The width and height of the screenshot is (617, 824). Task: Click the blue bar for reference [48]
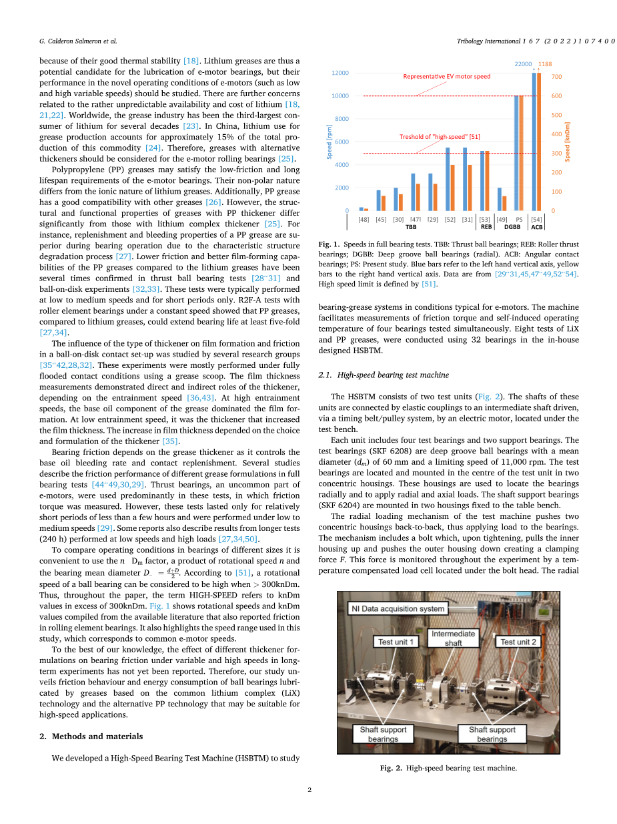[x=362, y=209]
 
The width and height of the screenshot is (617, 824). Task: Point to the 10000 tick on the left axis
[x=340, y=96]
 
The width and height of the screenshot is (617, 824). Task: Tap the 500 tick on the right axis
[x=556, y=115]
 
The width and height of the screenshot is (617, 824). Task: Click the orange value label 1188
[x=546, y=64]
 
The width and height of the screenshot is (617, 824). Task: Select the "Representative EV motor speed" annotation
[x=446, y=76]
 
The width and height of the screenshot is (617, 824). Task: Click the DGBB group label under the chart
[x=512, y=227]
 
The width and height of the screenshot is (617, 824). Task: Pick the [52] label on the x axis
[x=450, y=220]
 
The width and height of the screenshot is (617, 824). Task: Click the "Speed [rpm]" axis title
[x=329, y=144]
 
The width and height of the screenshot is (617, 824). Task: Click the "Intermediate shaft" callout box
[x=453, y=638]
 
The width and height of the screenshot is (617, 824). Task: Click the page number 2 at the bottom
[x=310, y=790]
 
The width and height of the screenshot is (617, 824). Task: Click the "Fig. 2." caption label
[x=391, y=769]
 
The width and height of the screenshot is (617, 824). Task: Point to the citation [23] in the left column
[x=192, y=126]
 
